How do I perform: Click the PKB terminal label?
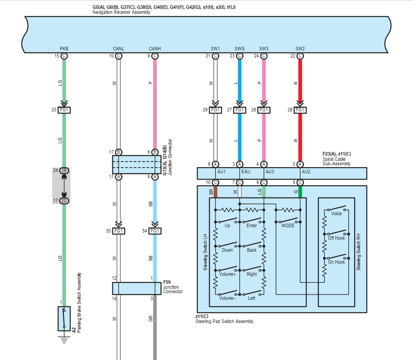click(x=64, y=49)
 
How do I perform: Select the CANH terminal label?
click(x=154, y=49)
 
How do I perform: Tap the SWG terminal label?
click(x=240, y=49)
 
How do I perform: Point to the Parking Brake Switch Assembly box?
click(x=64, y=319)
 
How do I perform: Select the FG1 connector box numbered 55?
click(x=119, y=231)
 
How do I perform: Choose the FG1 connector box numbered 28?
click(x=300, y=110)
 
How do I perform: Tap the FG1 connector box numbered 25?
click(x=64, y=110)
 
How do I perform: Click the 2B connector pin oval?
click(x=64, y=171)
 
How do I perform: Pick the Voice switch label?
click(x=336, y=214)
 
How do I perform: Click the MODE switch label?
click(x=288, y=226)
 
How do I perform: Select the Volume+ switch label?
click(x=227, y=274)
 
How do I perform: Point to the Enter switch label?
click(x=252, y=226)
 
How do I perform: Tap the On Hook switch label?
click(x=337, y=262)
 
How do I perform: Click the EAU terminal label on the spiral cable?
click(x=246, y=171)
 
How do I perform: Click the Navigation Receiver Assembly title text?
click(x=121, y=12)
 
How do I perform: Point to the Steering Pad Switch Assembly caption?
click(x=224, y=321)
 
